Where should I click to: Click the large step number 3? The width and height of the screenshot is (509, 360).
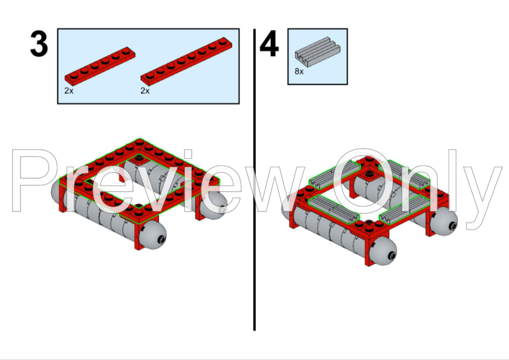tap(39, 43)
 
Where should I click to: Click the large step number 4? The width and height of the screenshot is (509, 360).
tap(269, 43)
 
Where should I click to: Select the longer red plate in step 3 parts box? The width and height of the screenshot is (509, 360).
tap(186, 61)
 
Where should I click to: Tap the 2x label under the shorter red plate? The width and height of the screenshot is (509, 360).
tap(69, 91)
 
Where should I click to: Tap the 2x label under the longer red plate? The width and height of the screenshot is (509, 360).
tap(144, 91)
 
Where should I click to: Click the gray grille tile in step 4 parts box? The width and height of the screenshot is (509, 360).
tap(317, 51)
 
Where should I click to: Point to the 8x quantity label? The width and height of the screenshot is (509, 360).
tap(299, 71)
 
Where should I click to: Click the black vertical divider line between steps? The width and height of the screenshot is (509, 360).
tap(254, 179)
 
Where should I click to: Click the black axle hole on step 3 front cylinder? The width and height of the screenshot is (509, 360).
tap(161, 240)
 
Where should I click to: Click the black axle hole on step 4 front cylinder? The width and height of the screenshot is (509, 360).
tap(392, 256)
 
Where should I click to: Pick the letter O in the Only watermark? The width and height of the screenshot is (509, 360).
tap(363, 181)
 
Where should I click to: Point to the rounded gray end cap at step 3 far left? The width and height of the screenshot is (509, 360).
tap(56, 192)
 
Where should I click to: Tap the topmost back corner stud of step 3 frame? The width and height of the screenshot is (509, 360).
tap(140, 141)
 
